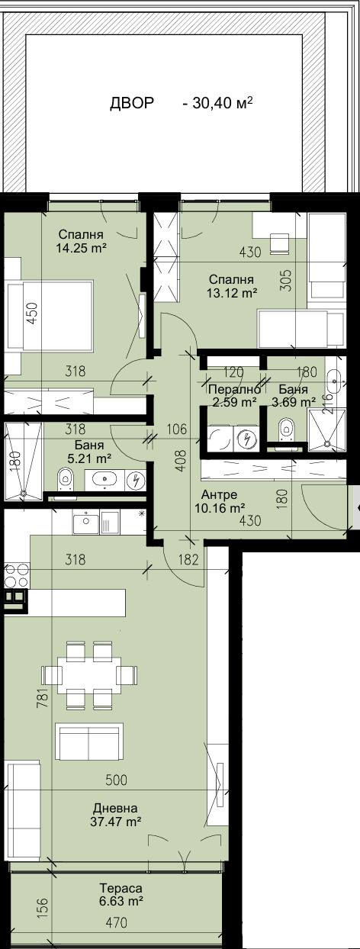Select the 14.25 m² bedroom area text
80,248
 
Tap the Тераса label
121,889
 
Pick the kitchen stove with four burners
15,574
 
